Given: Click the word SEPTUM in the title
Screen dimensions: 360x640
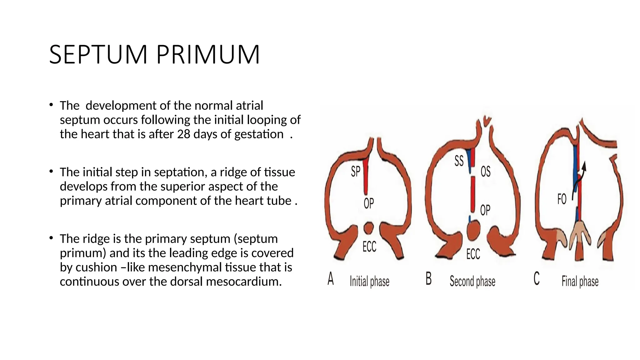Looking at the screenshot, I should point(98,55).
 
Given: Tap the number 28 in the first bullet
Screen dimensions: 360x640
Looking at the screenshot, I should point(183,134).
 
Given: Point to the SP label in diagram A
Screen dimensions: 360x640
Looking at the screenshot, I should point(356,172).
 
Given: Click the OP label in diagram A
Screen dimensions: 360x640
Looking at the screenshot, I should point(369,203).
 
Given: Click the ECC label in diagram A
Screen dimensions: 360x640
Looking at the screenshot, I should point(369,247).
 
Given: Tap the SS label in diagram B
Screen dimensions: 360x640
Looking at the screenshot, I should point(459,161).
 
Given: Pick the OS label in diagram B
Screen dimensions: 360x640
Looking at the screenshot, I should point(485,172).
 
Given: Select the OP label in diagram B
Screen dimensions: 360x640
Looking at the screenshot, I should point(485,210).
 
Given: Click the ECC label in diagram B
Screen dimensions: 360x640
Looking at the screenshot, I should point(473,254).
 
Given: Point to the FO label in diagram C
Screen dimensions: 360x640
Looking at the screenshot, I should point(562,199).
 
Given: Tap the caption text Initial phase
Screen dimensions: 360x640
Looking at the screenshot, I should point(369,282).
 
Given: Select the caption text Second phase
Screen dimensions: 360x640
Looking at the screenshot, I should point(472,282).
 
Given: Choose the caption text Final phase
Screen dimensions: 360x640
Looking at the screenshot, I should point(580,281).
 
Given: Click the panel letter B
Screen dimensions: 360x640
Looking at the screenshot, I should point(429,279).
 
